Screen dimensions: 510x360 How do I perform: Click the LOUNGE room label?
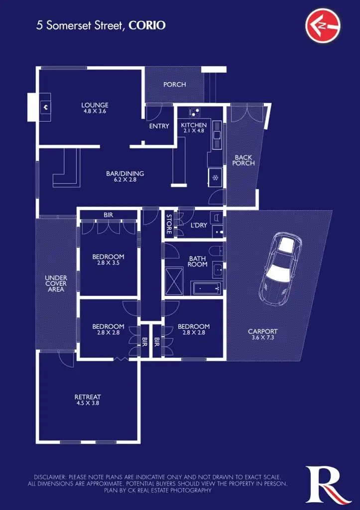(x=95, y=105)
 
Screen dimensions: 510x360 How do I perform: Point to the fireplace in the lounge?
(x=45, y=106)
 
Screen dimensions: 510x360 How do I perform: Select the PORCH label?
(x=174, y=85)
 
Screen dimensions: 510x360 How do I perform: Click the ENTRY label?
(x=159, y=127)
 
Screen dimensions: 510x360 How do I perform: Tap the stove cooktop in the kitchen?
(x=194, y=113)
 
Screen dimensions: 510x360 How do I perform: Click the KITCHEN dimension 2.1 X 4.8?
(x=194, y=131)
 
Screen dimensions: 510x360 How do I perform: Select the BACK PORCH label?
(x=243, y=160)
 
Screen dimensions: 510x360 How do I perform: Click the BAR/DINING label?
(x=125, y=174)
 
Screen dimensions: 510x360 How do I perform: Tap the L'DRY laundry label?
(x=199, y=225)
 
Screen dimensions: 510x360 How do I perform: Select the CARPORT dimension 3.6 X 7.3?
(x=264, y=337)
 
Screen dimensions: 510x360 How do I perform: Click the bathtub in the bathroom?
(x=207, y=287)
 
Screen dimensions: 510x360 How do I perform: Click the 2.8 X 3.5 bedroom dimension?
(x=108, y=263)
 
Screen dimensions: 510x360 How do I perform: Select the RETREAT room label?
(x=88, y=397)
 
